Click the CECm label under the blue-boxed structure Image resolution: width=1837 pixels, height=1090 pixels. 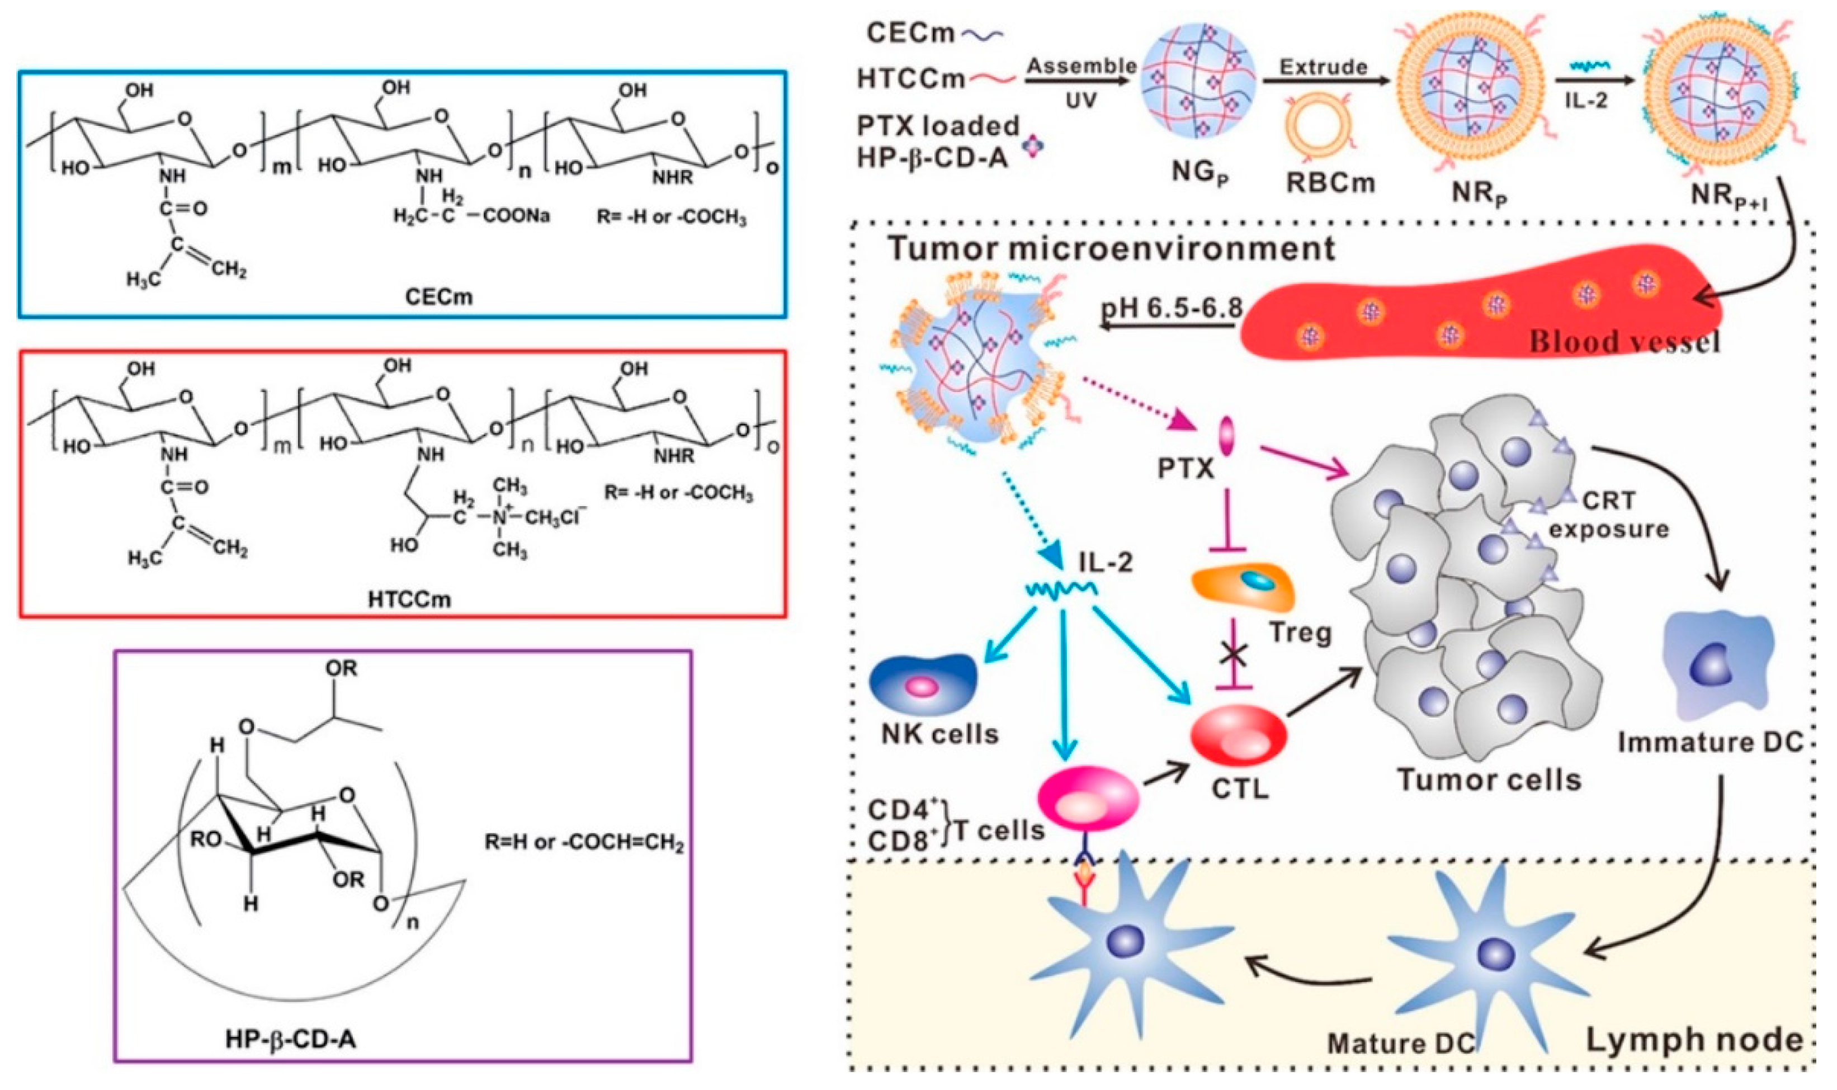click(438, 298)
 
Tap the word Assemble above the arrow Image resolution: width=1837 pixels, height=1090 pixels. click(1081, 65)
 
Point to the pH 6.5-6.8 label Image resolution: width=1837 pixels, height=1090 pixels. click(1171, 307)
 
